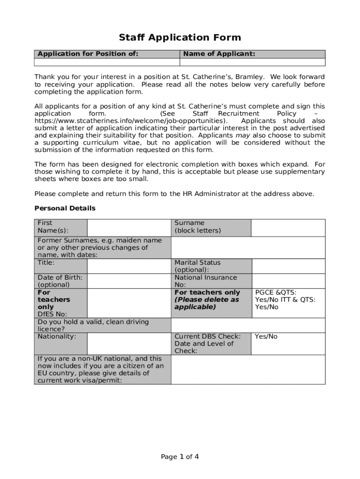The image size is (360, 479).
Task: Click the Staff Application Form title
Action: (x=180, y=37)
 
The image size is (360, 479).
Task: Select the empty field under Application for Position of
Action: (x=107, y=62)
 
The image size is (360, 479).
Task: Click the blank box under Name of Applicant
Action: (x=252, y=62)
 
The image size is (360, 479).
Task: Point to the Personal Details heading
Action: (x=65, y=208)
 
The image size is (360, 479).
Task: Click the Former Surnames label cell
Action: (x=102, y=247)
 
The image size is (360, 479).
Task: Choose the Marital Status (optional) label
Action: (x=197, y=266)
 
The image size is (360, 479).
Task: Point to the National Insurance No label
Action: (x=198, y=281)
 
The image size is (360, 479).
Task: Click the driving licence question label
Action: (x=93, y=325)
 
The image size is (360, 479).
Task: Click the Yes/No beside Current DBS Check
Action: (x=266, y=336)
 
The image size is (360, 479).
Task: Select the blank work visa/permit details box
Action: (x=248, y=370)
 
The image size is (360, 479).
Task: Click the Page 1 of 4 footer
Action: (x=180, y=457)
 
